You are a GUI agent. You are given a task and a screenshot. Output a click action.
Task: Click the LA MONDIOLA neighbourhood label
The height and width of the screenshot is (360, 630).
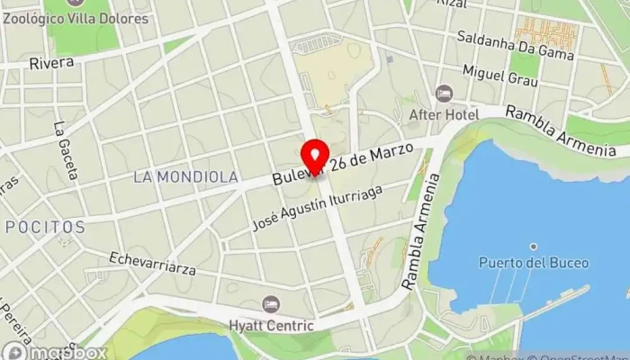185,177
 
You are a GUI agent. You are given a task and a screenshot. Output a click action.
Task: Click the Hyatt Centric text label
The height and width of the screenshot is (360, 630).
271,326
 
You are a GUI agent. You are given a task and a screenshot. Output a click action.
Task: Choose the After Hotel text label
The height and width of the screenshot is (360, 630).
443,115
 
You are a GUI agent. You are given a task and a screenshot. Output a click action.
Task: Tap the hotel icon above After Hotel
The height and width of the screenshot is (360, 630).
444,94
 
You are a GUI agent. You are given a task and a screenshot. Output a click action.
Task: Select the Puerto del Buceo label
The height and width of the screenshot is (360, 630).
534,263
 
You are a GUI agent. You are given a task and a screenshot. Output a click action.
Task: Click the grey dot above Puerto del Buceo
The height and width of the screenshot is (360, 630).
534,246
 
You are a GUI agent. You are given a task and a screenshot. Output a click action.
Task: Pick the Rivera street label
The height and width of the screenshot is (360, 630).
45,63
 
